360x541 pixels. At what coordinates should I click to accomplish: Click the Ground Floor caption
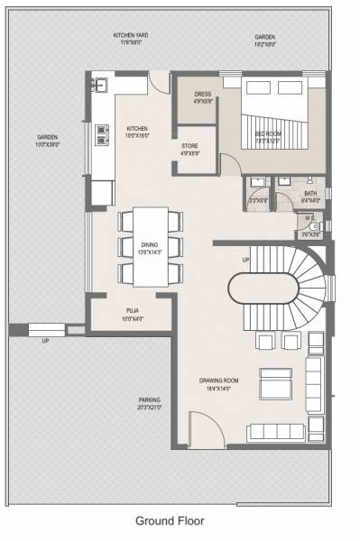coord(170,520)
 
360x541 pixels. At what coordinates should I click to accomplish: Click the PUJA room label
coord(133,313)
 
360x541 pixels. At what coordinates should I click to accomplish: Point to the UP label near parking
coord(45,341)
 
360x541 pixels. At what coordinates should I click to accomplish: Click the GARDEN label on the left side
coord(47,141)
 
